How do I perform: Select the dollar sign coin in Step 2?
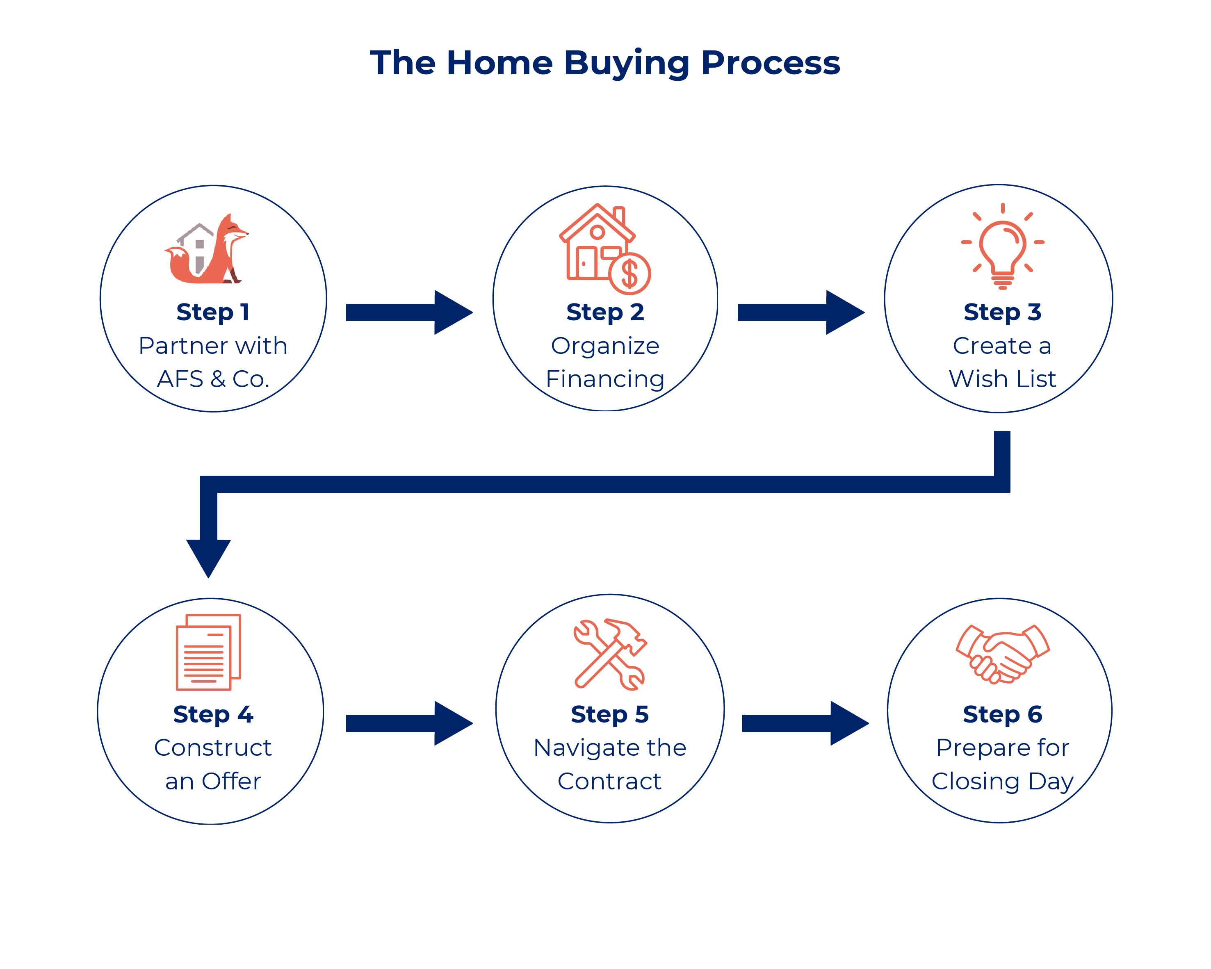(x=629, y=274)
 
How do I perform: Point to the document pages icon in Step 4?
(x=208, y=652)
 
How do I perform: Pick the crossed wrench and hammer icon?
(x=610, y=654)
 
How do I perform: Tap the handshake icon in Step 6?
(x=1003, y=654)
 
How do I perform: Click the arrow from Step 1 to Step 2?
(x=409, y=312)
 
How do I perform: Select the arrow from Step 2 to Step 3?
(x=801, y=312)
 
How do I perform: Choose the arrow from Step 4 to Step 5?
(x=409, y=723)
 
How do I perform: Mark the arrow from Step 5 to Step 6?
(x=805, y=723)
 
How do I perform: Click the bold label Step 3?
(x=1003, y=313)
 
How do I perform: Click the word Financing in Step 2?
(x=605, y=380)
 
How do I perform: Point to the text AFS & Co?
(x=213, y=379)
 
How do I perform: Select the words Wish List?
(x=1003, y=379)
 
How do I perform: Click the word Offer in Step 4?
(x=231, y=781)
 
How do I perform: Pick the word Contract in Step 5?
(x=610, y=781)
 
